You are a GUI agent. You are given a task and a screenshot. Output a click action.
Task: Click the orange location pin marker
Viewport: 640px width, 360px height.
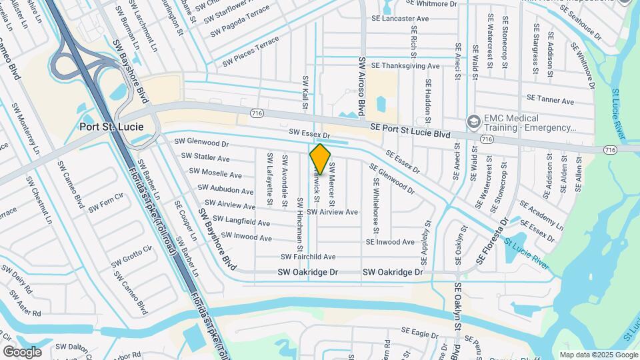(x=321, y=159)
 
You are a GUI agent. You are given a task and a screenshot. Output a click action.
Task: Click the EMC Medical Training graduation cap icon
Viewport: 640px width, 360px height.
(x=474, y=121)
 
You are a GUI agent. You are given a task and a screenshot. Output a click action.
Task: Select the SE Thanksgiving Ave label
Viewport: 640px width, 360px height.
(x=405, y=66)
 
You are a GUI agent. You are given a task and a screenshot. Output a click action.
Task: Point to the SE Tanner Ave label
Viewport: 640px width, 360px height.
(x=550, y=101)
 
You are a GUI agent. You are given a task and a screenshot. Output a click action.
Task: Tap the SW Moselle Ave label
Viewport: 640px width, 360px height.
(x=217, y=174)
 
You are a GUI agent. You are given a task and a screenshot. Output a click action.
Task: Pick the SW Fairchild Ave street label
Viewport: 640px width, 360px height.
(x=308, y=257)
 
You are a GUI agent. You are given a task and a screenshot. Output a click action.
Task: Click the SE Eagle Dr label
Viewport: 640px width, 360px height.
(x=419, y=331)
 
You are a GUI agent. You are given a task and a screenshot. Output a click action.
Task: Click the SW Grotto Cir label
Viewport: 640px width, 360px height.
(x=133, y=256)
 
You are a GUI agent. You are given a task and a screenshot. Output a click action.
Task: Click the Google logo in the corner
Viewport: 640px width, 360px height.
(x=22, y=352)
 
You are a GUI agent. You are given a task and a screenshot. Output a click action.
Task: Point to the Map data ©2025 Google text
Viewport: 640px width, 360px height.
(x=598, y=355)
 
